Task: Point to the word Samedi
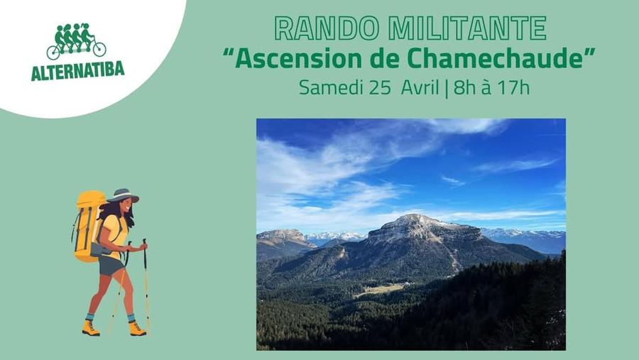[x=331, y=88]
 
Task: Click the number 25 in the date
[x=381, y=88]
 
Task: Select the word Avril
[x=420, y=88]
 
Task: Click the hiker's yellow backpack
[x=88, y=224]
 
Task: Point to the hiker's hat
[x=124, y=195]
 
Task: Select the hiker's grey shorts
[x=111, y=265]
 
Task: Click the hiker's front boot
[x=136, y=329]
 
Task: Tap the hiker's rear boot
[x=90, y=327]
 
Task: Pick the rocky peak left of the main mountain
[x=283, y=235]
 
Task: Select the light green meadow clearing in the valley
[x=380, y=290]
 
